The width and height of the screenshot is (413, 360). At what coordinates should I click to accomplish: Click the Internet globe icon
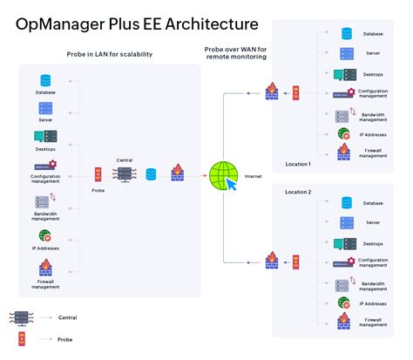click(220, 175)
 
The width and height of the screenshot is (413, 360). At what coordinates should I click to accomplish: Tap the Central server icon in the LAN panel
click(124, 174)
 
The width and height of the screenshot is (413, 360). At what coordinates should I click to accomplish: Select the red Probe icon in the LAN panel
click(98, 174)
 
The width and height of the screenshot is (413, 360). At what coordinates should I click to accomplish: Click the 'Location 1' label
click(298, 164)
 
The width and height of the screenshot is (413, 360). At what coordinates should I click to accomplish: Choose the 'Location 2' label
click(298, 190)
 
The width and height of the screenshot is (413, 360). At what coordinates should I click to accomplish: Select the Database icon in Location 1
click(347, 34)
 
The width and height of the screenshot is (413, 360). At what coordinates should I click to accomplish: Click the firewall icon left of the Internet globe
click(177, 173)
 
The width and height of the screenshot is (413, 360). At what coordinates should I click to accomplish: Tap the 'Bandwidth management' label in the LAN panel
click(45, 215)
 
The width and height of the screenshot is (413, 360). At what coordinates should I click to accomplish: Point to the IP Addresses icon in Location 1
click(344, 133)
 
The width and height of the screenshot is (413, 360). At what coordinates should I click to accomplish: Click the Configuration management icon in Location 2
click(344, 262)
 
